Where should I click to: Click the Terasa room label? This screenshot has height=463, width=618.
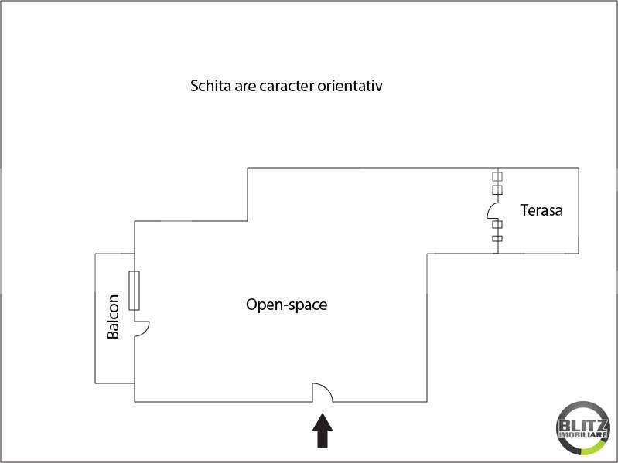click(x=541, y=210)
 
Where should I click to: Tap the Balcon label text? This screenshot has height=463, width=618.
click(x=113, y=317)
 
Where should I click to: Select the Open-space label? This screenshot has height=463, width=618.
click(x=286, y=305)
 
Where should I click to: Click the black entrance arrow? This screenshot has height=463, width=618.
click(x=323, y=431)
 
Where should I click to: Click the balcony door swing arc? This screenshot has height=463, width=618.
click(x=146, y=330)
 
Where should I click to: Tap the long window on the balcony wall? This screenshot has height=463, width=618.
click(x=134, y=291)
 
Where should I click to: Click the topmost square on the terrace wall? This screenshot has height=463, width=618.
click(x=497, y=176)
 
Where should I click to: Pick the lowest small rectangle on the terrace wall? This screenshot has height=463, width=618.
click(x=497, y=238)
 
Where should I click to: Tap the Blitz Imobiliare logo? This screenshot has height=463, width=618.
click(x=583, y=429)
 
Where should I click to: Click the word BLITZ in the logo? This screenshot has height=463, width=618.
click(x=583, y=426)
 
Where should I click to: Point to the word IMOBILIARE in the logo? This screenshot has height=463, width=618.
click(x=583, y=435)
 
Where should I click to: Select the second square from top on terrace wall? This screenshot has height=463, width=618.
click(x=497, y=190)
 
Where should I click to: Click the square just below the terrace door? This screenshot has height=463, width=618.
click(x=497, y=224)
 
